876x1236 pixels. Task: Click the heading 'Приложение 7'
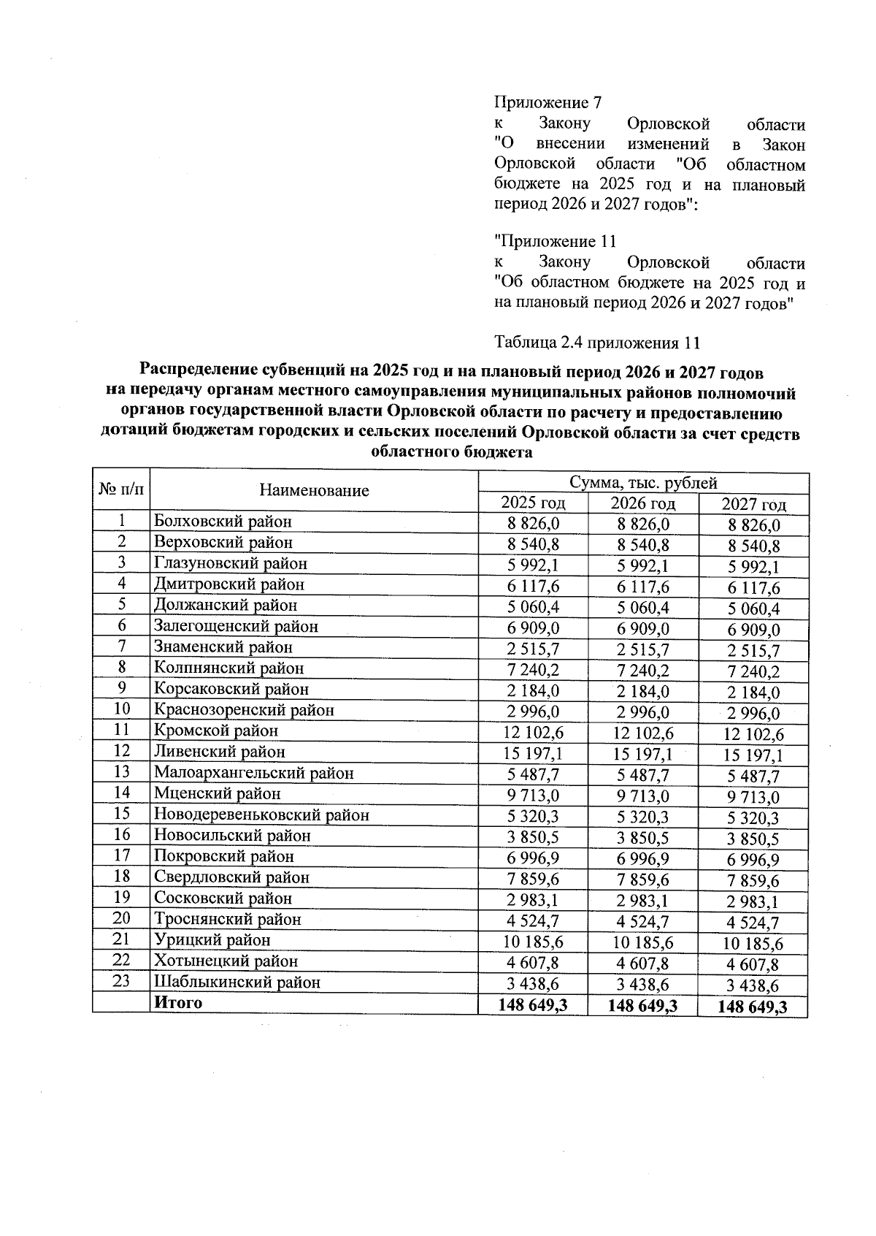pyautogui.click(x=547, y=102)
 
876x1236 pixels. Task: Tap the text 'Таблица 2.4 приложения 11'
pyautogui.click(x=598, y=342)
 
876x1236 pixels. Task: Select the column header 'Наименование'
pyautogui.click(x=314, y=490)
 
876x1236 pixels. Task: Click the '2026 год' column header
pyautogui.click(x=642, y=503)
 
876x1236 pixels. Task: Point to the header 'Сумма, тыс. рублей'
pyautogui.click(x=643, y=483)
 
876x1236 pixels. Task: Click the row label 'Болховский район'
pyautogui.click(x=223, y=522)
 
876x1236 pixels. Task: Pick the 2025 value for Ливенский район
pyautogui.click(x=533, y=752)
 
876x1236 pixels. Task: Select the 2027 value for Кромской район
pyautogui.click(x=753, y=734)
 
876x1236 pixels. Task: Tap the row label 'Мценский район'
pyautogui.click(x=218, y=794)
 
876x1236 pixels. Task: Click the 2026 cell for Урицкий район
pyautogui.click(x=643, y=942)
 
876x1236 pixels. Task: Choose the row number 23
pyautogui.click(x=121, y=981)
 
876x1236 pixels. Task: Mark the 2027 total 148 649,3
pyautogui.click(x=753, y=1007)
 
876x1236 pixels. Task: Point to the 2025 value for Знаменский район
pyautogui.click(x=533, y=648)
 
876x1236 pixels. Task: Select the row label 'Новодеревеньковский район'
pyautogui.click(x=261, y=815)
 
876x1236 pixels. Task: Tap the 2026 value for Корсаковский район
pyautogui.click(x=643, y=691)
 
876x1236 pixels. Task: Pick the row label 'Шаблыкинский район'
pyautogui.click(x=237, y=983)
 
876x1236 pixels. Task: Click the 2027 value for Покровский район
pyautogui.click(x=753, y=861)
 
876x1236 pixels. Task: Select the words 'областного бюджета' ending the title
pyautogui.click(x=452, y=453)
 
